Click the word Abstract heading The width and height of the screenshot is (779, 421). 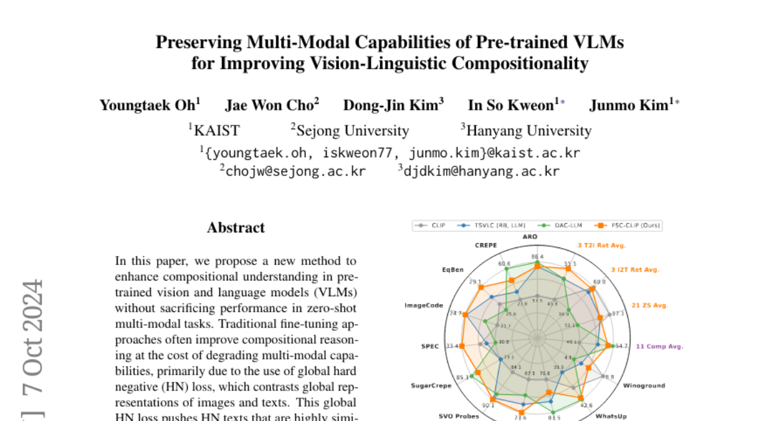236,228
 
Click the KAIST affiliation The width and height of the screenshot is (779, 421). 216,131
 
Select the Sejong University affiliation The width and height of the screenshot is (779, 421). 352,131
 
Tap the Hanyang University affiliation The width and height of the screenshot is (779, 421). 528,131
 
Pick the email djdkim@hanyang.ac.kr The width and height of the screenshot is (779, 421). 481,172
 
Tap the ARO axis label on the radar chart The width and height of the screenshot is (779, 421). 530,237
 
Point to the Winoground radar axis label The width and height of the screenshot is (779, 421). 644,385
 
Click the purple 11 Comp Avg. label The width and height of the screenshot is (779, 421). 659,346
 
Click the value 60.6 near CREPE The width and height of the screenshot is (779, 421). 504,264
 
